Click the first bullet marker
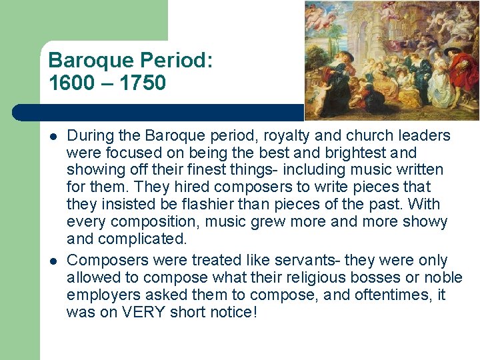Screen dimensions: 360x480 (x=53, y=136)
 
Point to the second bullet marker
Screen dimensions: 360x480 (x=53, y=260)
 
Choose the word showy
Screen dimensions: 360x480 (x=425, y=222)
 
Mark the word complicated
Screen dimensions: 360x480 (x=132, y=239)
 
